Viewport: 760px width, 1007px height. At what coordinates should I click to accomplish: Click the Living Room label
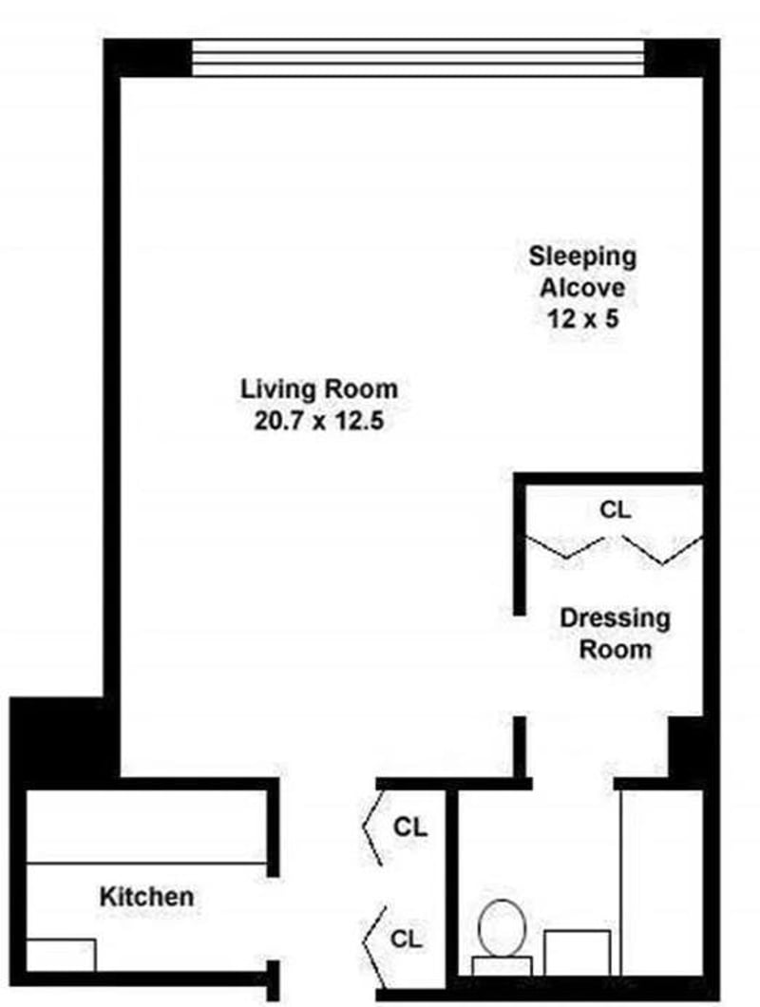(318, 389)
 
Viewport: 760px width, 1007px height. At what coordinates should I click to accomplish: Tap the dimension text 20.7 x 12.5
(318, 420)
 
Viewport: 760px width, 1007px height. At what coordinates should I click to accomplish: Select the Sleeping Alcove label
(582, 271)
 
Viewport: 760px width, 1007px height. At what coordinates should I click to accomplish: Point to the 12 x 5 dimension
(582, 318)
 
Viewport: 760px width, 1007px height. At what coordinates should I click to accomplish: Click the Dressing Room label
(615, 634)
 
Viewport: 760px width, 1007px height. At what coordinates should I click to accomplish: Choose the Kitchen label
(147, 896)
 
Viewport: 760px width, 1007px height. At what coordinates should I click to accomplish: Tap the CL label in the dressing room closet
(615, 509)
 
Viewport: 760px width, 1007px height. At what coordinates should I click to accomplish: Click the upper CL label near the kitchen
(410, 826)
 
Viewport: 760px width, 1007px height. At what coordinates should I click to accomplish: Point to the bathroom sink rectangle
(577, 951)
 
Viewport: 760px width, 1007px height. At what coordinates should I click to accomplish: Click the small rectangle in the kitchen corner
(61, 955)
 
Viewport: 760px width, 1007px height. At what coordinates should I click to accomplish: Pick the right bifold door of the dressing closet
(663, 549)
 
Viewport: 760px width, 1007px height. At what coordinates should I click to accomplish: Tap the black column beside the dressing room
(686, 746)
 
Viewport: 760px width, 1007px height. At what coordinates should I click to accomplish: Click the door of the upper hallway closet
(372, 828)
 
